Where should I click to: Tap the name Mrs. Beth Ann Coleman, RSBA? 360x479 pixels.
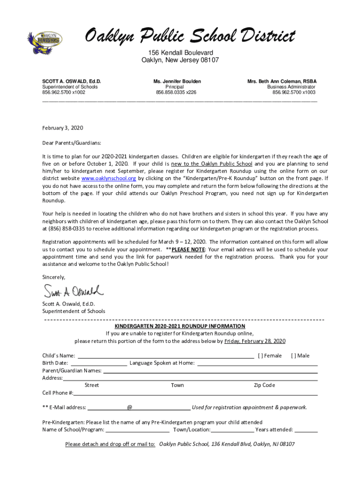point(281,81)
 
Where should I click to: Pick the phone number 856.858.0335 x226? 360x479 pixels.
point(176,93)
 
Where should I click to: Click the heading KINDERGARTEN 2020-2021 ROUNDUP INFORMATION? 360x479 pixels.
point(180,326)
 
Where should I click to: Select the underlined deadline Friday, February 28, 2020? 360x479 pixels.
point(255,341)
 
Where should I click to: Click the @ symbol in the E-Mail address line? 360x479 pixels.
point(130,407)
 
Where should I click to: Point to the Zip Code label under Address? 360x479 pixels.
point(264,385)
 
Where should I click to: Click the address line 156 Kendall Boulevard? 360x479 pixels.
point(180,52)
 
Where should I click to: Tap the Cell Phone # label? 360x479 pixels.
point(58,393)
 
